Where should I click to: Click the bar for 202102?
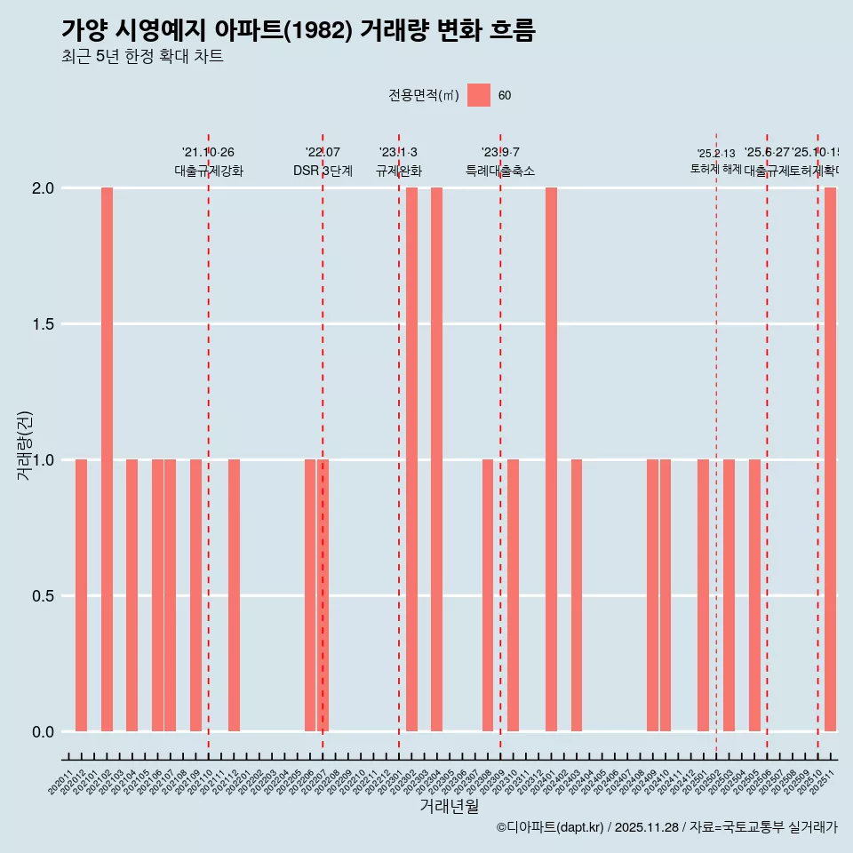pos(107,459)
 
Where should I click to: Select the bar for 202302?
pos(411,459)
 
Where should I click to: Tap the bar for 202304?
pos(436,459)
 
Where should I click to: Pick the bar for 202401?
pos(551,459)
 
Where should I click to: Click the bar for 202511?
pos(830,459)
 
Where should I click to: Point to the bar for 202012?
pos(81,595)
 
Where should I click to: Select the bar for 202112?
pos(234,595)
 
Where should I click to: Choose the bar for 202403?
pos(577,595)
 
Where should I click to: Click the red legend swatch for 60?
pos(479,95)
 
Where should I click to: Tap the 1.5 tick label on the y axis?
pos(42,324)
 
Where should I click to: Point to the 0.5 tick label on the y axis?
pos(42,596)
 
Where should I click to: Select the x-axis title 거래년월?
pos(449,807)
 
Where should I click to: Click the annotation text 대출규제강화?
pos(208,171)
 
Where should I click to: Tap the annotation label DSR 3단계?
pos(323,171)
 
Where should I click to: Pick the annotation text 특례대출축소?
pos(500,171)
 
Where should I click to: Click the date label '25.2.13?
pos(716,154)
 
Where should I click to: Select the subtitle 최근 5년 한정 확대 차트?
pos(142,57)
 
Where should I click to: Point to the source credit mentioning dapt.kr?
pos(666,827)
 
